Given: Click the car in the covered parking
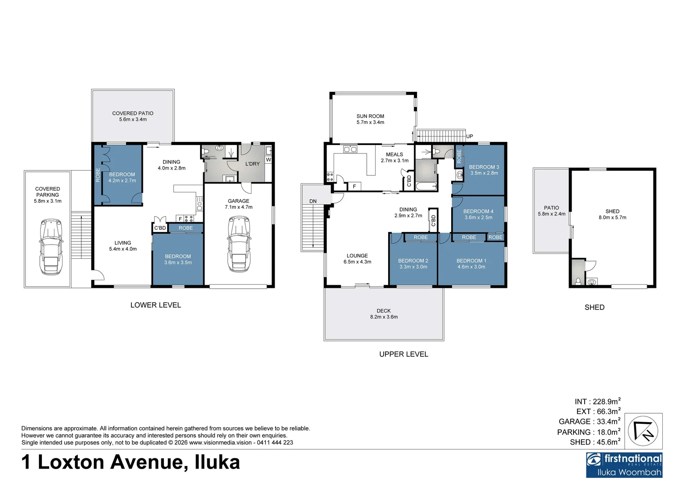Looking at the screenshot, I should pos(50,246).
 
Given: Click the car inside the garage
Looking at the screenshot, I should pos(239,244).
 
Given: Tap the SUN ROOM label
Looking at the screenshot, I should pos(370,116).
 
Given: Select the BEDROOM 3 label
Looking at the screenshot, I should pos(484,167).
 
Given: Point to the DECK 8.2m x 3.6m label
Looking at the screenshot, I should pos(384,314).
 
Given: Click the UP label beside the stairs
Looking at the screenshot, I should pos(469,136).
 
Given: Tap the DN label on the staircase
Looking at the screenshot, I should pos(313,201).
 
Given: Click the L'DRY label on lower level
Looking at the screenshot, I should pos(252,164).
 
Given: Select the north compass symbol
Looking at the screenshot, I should pos(643,431).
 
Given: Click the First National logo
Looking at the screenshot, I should pos(624,465).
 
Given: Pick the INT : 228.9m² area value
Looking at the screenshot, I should pos(597,402).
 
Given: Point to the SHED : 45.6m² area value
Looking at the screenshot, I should pos(594,442).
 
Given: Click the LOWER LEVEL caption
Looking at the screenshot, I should pos(155,305).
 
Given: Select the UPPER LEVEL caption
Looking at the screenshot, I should pos(403,354).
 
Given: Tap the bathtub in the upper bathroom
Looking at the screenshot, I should pos(426,187).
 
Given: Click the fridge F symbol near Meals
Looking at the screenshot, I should pos(354,186).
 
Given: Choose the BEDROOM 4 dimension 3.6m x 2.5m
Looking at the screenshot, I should pos(478,217).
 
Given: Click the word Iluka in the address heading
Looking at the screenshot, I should pos(218,462).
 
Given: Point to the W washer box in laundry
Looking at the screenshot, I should pos(268,159).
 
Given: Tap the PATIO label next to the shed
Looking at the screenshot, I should pos(551,208).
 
